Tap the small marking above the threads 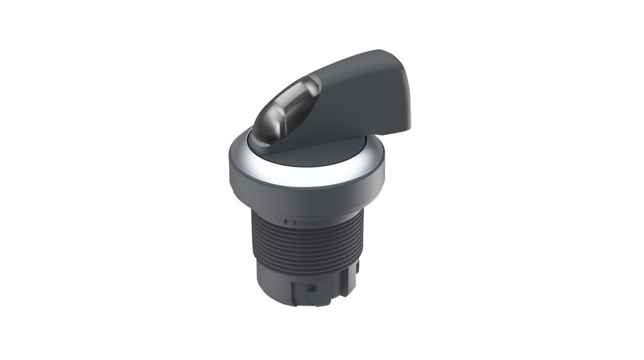pos(291,222)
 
